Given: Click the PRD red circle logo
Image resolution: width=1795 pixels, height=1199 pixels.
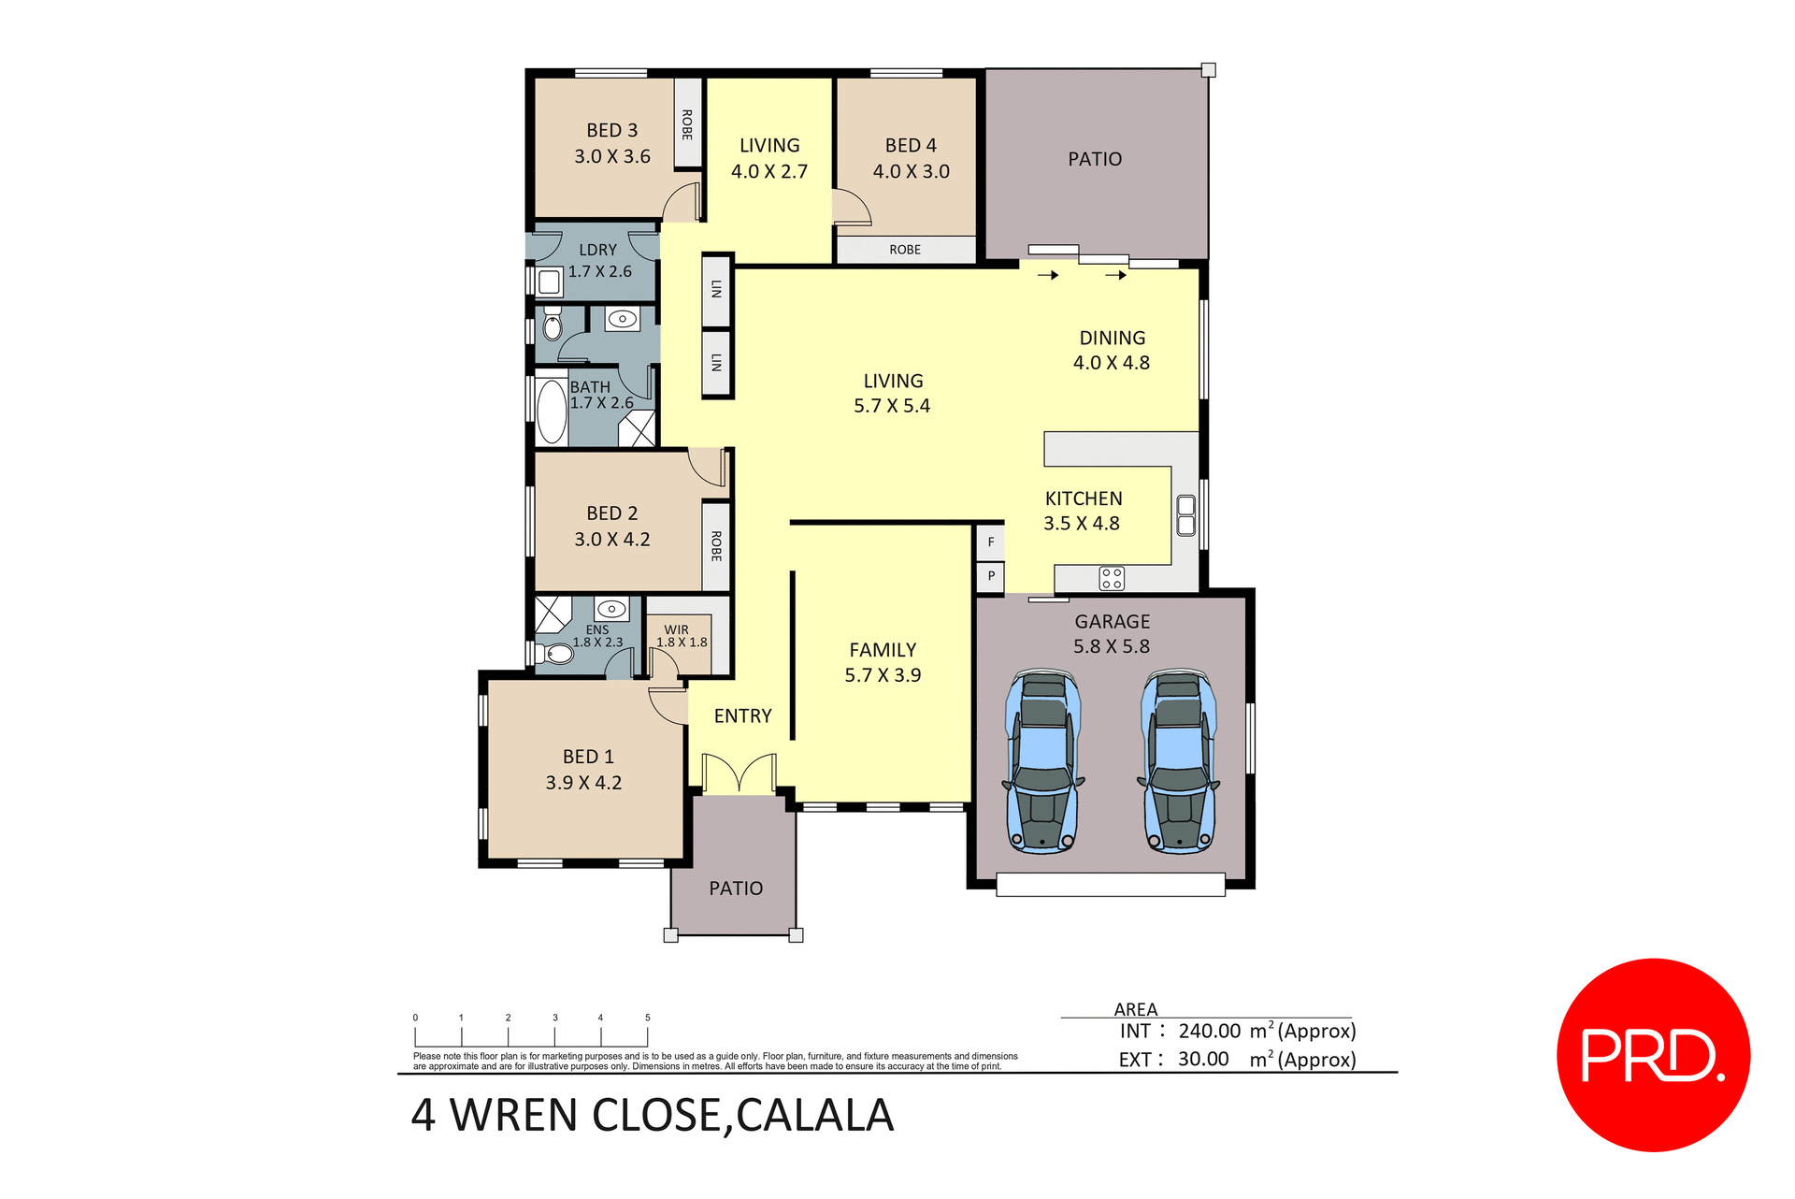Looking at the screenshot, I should coord(1652,1054).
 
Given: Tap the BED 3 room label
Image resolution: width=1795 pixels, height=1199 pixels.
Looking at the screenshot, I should coord(611,131).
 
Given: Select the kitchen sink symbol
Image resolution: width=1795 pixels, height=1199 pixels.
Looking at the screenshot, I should coord(1185,515).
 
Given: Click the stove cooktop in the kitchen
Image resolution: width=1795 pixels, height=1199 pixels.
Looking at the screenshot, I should coord(1112,578).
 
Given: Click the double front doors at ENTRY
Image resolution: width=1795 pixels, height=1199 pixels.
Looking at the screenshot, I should coord(739,773).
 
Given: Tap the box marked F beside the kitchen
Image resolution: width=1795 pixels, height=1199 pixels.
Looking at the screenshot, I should coord(991,542).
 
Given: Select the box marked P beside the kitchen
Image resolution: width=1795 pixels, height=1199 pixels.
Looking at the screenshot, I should coord(991,576).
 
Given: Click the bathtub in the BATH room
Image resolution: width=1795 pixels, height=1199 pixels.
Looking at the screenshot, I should coord(552,411).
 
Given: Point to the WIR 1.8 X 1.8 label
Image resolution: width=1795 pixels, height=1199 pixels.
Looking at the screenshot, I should coord(681,637).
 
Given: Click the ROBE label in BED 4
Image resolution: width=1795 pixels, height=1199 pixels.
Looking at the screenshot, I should coord(905,250).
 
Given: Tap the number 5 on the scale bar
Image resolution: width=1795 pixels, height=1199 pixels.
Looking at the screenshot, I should coord(647,1018).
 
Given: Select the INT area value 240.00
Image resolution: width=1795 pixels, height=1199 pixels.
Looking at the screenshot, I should coord(1209,1031).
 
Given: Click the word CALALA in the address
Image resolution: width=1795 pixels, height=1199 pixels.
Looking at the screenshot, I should coord(814,1115).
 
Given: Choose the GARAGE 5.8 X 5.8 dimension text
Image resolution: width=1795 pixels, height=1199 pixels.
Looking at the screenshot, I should coord(1112,646).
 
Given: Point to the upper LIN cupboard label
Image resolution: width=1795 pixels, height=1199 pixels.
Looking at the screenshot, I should coord(716,290).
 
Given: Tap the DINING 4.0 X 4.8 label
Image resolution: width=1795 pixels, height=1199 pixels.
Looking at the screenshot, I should coord(1112,350).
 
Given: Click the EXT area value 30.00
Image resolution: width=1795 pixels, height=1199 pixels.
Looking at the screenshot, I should coord(1203,1059).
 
